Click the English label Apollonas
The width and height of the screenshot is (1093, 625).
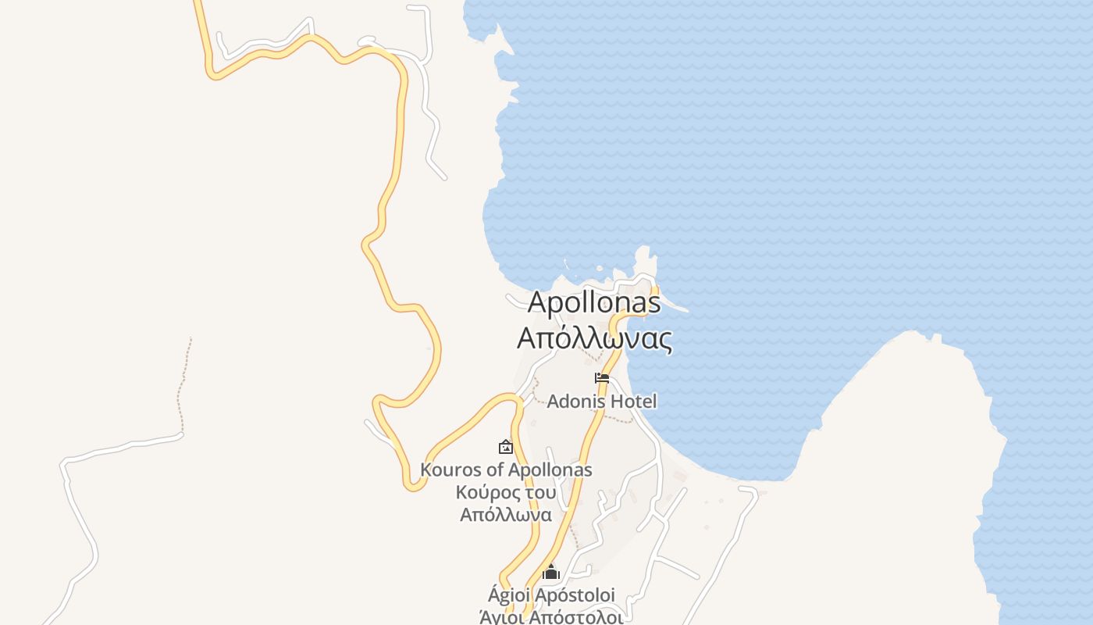coord(594,302)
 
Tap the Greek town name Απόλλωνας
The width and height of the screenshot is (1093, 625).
coord(594,339)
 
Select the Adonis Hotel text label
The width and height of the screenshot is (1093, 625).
coord(601,402)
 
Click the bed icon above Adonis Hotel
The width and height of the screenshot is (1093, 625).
coord(601,378)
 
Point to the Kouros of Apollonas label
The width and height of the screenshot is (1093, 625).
coord(506,470)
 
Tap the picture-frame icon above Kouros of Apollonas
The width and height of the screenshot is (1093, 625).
coord(506,448)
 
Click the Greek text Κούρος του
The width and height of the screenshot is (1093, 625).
coord(506,492)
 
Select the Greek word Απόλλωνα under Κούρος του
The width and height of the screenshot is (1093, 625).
coord(506,515)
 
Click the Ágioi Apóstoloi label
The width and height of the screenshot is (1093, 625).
coord(551,595)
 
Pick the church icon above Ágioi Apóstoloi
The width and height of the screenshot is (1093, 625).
coord(551,573)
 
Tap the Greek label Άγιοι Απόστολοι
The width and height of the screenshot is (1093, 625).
coord(551,617)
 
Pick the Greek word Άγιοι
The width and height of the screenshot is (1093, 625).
coord(501,617)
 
